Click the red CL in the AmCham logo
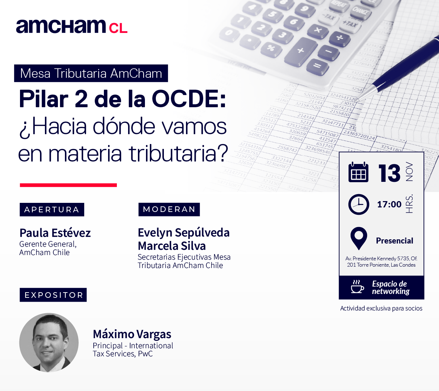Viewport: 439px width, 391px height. (118, 28)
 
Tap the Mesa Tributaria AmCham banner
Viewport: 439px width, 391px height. (91, 73)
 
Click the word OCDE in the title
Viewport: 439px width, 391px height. (189, 99)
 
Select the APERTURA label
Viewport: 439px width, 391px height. (52, 210)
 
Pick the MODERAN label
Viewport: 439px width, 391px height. (169, 209)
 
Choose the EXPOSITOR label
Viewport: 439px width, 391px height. (53, 295)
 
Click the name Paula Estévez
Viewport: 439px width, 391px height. (55, 233)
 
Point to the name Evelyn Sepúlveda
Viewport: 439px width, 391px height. (184, 233)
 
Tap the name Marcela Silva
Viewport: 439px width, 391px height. (172, 246)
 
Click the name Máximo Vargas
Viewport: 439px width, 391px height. (132, 334)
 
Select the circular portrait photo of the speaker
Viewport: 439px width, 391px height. (49, 342)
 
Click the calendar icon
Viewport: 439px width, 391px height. (358, 172)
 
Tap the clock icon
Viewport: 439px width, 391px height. (359, 204)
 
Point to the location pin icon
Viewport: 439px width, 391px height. (359, 238)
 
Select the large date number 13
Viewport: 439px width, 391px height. (390, 173)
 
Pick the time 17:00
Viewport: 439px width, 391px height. (389, 204)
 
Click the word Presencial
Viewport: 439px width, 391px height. (394, 241)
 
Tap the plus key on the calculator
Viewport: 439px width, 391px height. (301, 51)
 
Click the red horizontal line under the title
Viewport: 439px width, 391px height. (68, 185)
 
